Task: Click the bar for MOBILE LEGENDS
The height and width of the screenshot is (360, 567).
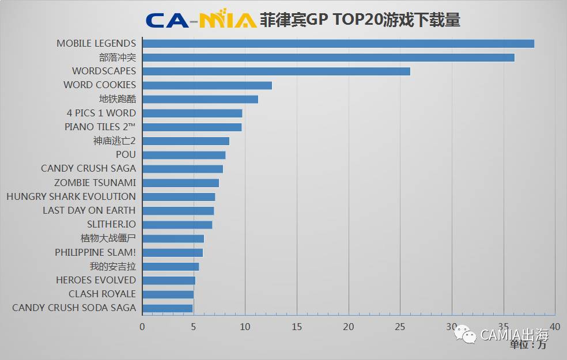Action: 338,44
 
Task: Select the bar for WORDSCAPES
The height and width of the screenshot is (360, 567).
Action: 276,71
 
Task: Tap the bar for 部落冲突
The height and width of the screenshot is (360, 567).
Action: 328,58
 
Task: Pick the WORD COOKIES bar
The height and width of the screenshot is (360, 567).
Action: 207,85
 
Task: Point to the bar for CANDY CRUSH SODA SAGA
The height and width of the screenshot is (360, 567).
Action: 167,308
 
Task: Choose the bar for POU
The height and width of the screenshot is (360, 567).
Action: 184,155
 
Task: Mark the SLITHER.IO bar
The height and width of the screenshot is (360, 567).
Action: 177,225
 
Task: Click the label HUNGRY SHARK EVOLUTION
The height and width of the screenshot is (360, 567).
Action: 71,196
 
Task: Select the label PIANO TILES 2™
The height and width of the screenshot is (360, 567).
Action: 100,127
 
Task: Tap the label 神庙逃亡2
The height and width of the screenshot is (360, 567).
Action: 114,141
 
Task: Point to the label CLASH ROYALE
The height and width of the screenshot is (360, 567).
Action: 102,294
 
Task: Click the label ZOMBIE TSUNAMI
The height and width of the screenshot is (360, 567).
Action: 95,183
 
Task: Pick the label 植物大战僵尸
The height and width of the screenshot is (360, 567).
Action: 108,238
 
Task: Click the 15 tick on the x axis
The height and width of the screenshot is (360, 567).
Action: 297,327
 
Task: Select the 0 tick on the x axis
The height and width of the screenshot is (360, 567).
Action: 142,327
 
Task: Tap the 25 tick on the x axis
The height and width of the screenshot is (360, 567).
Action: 400,327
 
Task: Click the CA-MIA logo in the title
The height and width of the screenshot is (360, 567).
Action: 201,20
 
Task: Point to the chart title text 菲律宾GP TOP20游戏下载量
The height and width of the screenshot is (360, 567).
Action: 360,20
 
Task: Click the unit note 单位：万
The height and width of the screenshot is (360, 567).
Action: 527,345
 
